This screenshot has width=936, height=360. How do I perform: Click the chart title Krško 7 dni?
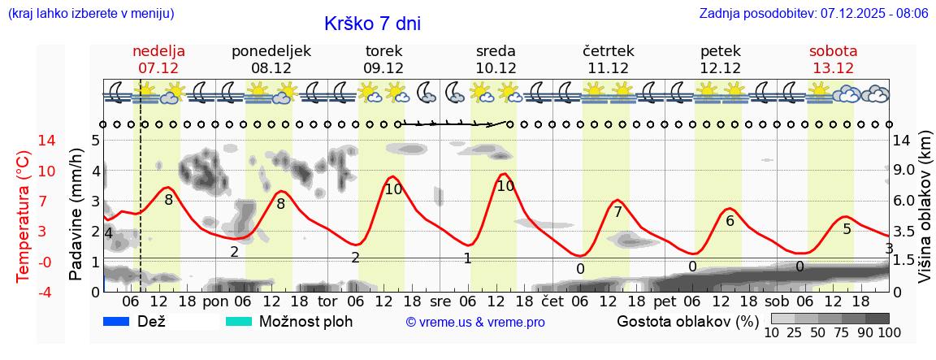[x=372, y=24]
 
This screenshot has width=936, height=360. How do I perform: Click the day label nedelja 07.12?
[x=158, y=59]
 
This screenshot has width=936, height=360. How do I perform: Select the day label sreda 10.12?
[x=496, y=59]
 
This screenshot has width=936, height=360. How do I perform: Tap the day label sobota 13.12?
[x=833, y=59]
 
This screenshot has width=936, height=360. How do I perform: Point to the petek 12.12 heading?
[x=720, y=59]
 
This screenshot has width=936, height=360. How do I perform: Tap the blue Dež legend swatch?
[x=116, y=321]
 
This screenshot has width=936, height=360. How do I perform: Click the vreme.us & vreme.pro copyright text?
[x=475, y=323]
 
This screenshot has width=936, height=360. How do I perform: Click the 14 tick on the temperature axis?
[x=24, y=141]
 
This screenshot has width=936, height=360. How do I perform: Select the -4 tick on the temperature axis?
[x=24, y=292]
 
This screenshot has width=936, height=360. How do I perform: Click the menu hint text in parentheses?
[x=90, y=14]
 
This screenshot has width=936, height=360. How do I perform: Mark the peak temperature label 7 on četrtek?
[x=617, y=212]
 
